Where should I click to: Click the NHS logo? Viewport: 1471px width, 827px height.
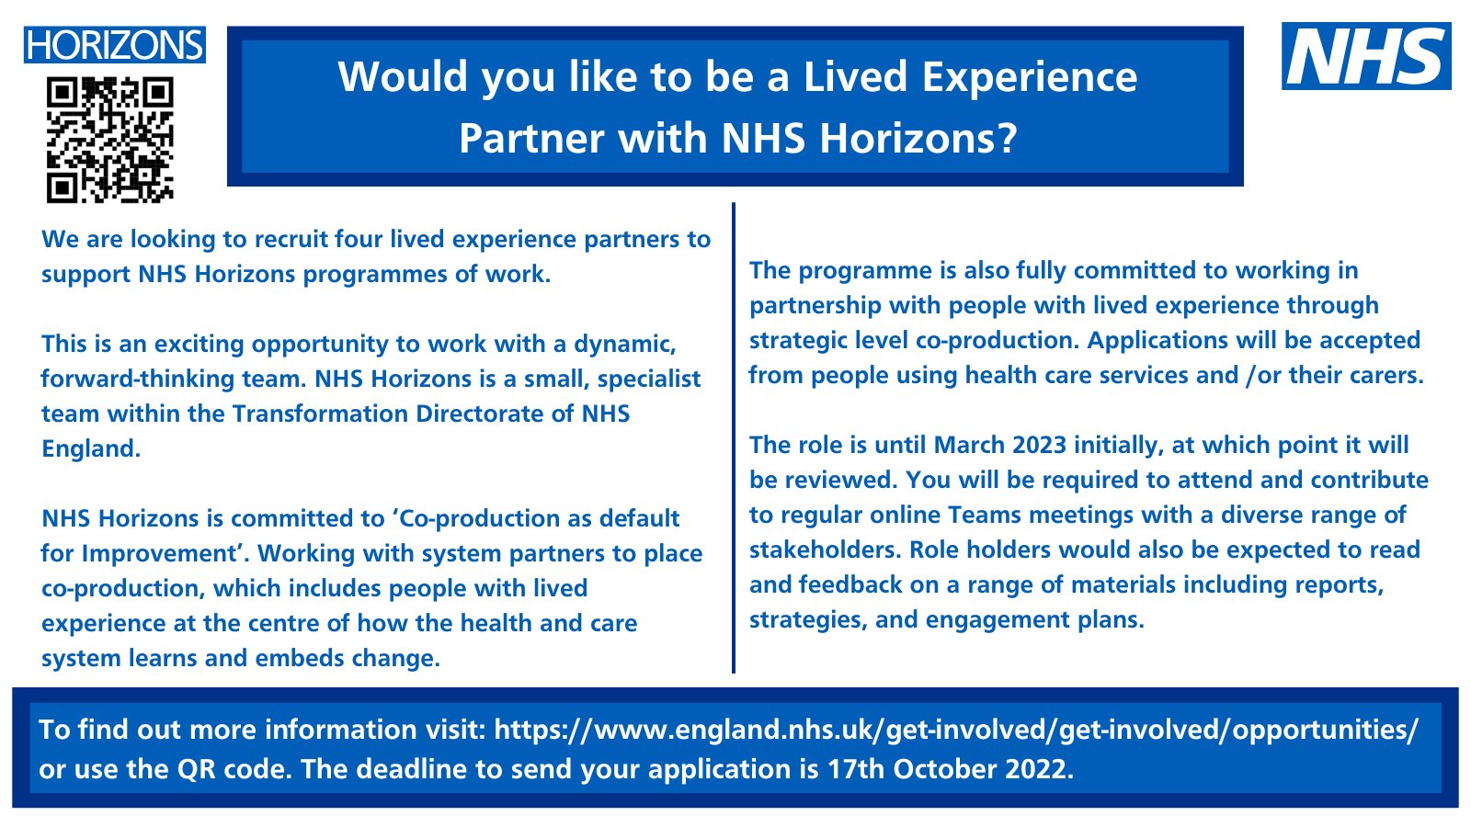(x=1366, y=56)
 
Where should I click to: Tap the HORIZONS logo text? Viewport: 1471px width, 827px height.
(x=115, y=45)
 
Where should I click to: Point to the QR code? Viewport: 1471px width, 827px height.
(x=110, y=140)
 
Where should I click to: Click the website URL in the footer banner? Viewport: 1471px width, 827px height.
(x=956, y=730)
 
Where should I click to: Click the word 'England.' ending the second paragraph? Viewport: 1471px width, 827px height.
(x=91, y=449)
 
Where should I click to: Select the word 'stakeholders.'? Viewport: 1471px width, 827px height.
(x=825, y=550)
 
